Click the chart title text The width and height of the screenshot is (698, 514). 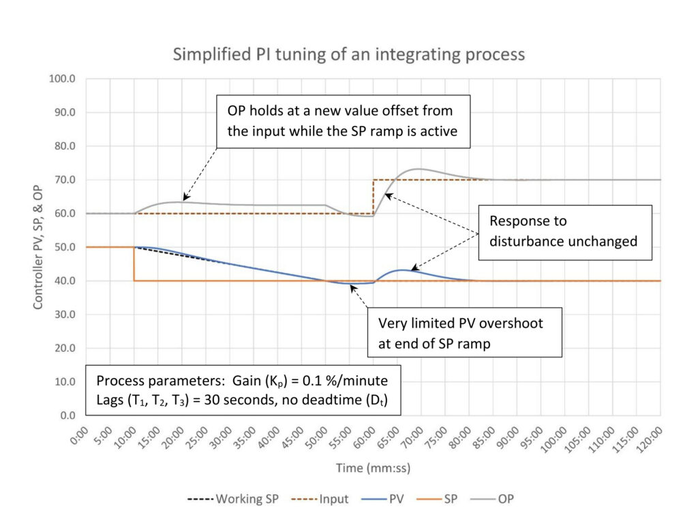click(x=348, y=54)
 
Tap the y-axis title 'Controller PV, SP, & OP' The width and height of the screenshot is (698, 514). click(x=38, y=246)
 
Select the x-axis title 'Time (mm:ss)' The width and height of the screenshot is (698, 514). click(x=373, y=468)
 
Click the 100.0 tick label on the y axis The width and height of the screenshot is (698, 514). click(x=62, y=79)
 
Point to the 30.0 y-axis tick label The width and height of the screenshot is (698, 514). click(x=65, y=315)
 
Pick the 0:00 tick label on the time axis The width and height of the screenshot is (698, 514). click(x=80, y=436)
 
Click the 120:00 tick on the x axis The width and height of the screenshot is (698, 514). click(x=650, y=439)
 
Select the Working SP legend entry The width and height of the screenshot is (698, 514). click(x=233, y=499)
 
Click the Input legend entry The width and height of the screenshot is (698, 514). click(x=320, y=499)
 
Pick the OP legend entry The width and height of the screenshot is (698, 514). click(x=492, y=499)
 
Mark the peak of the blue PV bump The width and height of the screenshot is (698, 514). click(x=402, y=270)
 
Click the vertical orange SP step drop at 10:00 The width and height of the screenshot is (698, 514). click(x=134, y=263)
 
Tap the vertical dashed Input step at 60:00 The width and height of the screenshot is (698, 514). click(x=374, y=197)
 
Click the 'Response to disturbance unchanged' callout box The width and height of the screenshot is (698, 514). click(x=565, y=233)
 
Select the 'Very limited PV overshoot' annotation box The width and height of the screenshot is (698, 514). click(x=464, y=332)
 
